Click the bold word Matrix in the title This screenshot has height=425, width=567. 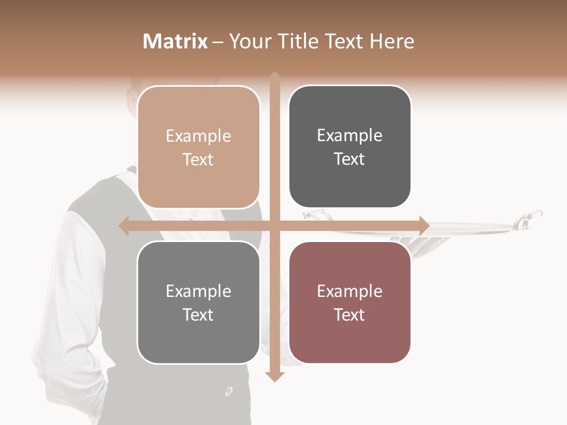(x=175, y=41)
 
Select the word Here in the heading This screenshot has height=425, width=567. (x=392, y=41)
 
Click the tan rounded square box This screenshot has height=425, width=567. (x=198, y=147)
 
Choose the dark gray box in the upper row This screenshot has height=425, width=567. (x=350, y=147)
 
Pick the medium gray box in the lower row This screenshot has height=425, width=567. (x=198, y=302)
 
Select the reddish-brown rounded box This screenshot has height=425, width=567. (x=350, y=302)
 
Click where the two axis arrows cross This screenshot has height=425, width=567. (x=274, y=226)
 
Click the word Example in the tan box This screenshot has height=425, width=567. (x=198, y=136)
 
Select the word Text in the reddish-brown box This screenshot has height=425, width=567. (x=350, y=315)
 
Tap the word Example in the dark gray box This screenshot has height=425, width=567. (x=350, y=135)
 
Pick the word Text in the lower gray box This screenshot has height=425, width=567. (x=198, y=315)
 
